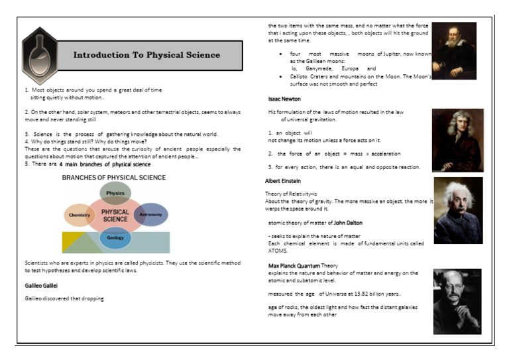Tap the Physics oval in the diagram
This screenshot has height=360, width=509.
pyautogui.click(x=115, y=193)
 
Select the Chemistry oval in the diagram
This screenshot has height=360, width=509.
pyautogui.click(x=79, y=215)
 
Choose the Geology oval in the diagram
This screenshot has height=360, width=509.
pyautogui.click(x=115, y=237)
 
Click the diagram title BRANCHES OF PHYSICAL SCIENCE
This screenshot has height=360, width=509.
pyautogui.click(x=114, y=178)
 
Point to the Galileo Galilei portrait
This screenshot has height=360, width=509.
pyautogui.click(x=455, y=50)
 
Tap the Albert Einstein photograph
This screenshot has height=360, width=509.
pyautogui.click(x=458, y=210)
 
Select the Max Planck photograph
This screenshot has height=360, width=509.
pyautogui.click(x=457, y=301)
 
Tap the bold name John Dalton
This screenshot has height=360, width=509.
pyautogui.click(x=348, y=223)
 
